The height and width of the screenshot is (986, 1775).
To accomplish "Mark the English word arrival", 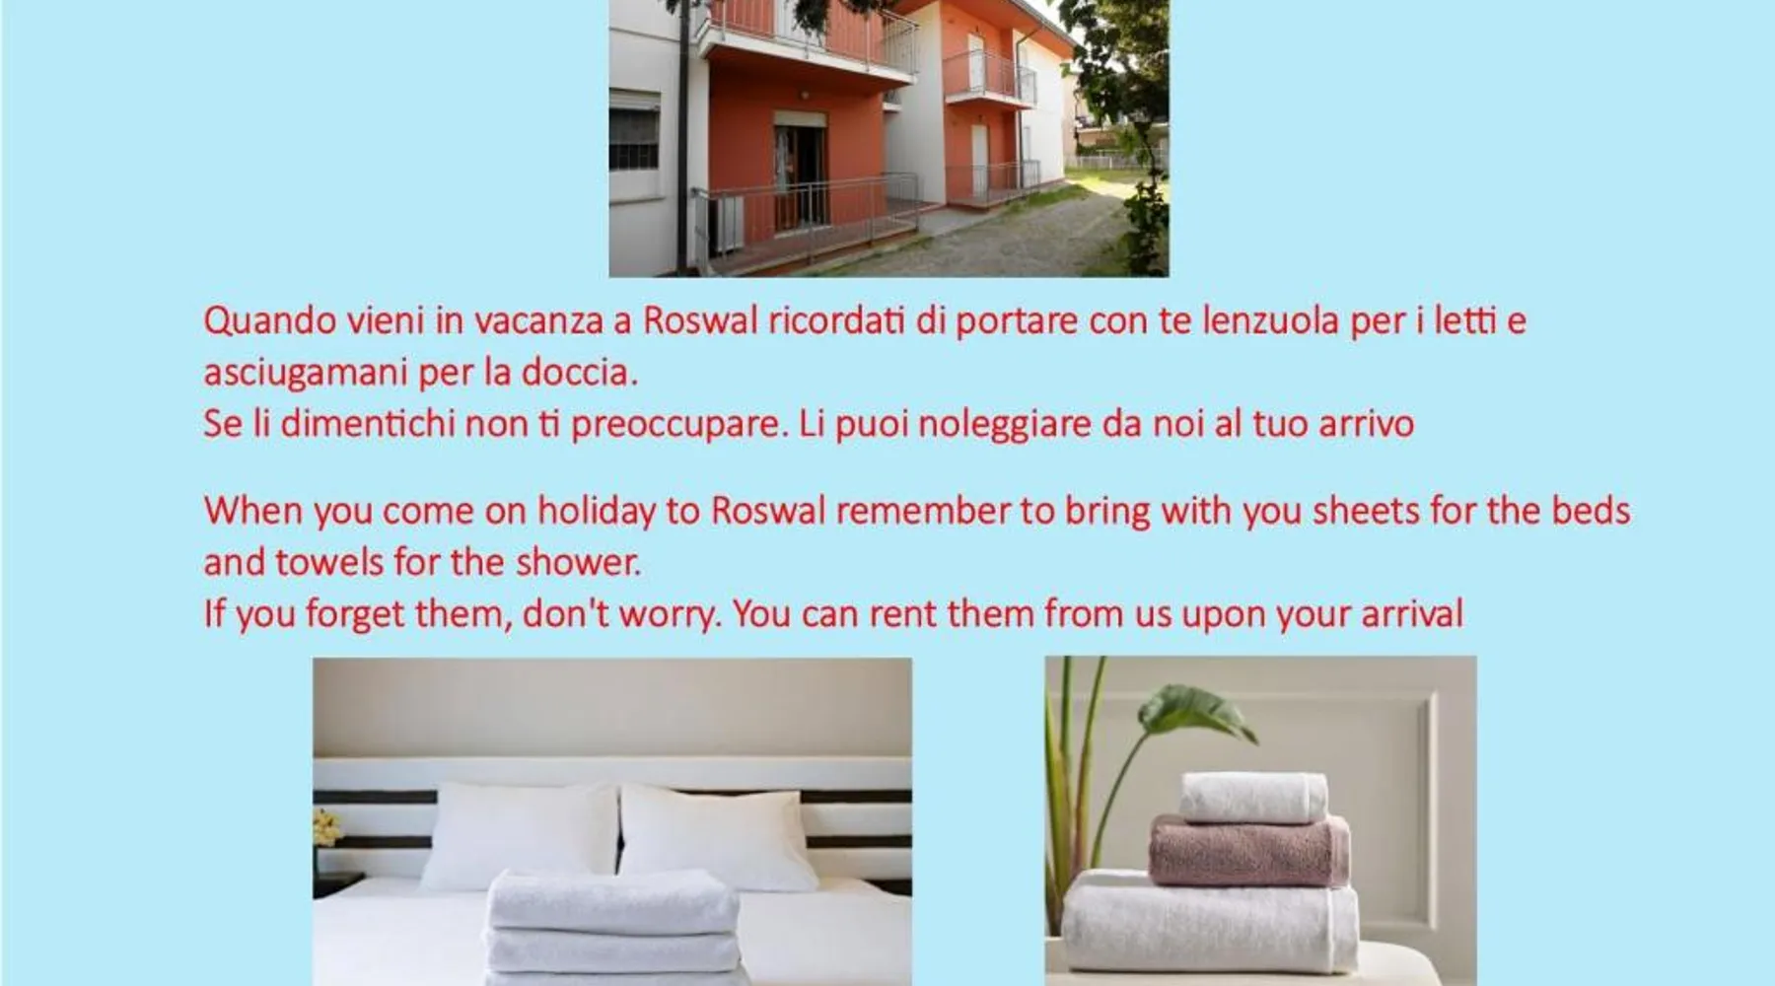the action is [x=1412, y=614].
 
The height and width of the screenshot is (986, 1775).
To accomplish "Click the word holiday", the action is [x=596, y=512].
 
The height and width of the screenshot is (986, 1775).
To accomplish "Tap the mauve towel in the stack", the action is [x=1249, y=849].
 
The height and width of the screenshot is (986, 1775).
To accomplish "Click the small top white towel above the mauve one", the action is [x=1253, y=798].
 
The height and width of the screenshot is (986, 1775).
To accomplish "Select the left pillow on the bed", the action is [x=520, y=836].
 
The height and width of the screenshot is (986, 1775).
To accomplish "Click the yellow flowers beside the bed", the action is [x=326, y=827].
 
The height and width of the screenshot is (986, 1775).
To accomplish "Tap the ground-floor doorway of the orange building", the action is [x=798, y=173].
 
